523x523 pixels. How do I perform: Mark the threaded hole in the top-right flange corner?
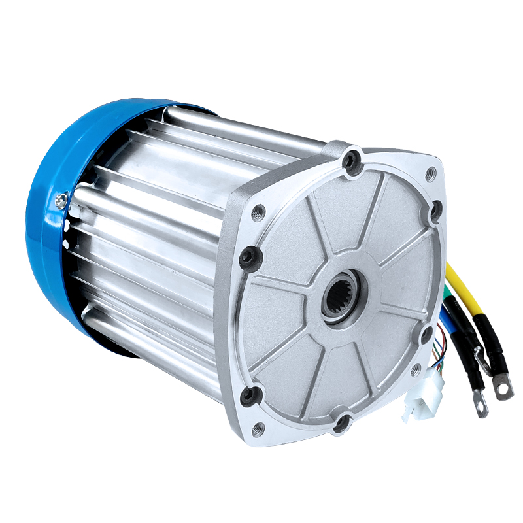point(430,173)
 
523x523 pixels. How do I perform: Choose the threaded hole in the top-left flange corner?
point(258,211)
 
